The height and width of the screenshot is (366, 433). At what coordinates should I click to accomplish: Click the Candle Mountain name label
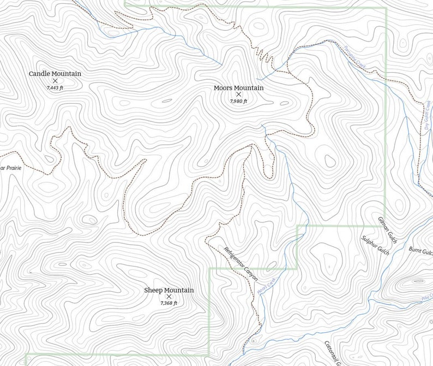tap(55, 74)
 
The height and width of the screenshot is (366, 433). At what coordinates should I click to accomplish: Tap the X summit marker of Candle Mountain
tap(55, 81)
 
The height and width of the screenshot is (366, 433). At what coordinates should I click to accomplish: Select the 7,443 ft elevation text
tap(55, 87)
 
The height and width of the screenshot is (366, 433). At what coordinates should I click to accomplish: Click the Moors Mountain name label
tap(238, 88)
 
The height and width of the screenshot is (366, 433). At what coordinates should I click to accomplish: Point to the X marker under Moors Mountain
tap(238, 95)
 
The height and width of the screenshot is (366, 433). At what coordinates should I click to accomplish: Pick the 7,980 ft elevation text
tap(238, 101)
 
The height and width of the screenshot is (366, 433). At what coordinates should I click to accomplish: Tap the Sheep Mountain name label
tap(169, 290)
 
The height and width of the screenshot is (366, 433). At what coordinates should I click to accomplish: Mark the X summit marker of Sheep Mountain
tap(169, 297)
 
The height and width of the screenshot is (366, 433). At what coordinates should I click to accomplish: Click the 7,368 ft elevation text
tap(169, 303)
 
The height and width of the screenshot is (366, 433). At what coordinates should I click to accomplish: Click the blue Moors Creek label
tap(267, 287)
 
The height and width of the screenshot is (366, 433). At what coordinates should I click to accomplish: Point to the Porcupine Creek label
tap(354, 57)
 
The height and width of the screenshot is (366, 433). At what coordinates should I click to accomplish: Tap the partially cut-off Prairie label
tap(10, 168)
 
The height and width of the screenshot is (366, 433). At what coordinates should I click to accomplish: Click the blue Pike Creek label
tap(426, 298)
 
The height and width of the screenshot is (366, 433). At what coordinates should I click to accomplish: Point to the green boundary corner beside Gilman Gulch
tap(386, 225)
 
